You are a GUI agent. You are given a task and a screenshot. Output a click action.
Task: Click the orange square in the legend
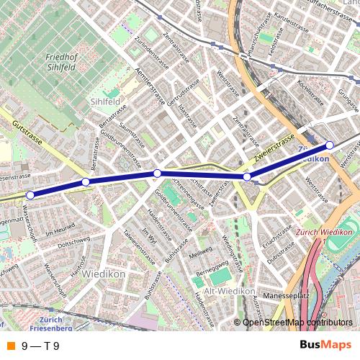click(10, 346)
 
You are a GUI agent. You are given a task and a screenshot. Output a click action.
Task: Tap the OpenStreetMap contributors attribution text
click(297, 323)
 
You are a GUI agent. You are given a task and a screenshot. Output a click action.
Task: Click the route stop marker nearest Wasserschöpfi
click(30, 194)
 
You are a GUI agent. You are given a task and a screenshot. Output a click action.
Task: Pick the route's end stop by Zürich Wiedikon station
click(330, 145)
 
